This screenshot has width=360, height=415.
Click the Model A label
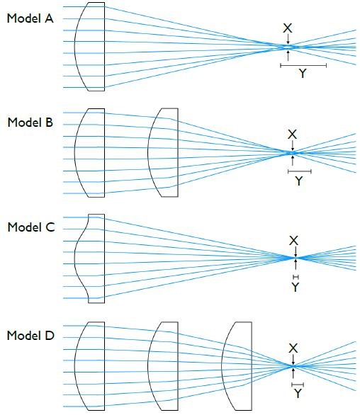coord(30,18)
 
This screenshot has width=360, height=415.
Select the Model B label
coord(30,123)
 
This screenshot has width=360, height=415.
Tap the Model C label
coord(31,227)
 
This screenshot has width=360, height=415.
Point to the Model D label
coord(30,336)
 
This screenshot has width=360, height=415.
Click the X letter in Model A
coord(288,28)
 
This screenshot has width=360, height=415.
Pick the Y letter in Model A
coord(303,74)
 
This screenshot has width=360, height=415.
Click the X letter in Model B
coord(292,135)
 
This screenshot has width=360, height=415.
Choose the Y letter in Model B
coord(299,181)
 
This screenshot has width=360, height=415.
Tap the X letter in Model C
coord(294,241)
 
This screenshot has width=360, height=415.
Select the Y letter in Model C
coord(296,287)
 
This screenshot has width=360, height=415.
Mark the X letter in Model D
coord(293,348)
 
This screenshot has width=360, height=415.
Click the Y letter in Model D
coord(298,394)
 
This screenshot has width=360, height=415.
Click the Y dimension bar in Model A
coord(303,65)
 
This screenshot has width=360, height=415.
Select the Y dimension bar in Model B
coord(300,171)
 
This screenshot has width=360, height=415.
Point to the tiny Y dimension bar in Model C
coord(296,277)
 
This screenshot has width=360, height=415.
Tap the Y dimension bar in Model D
coord(298,385)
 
